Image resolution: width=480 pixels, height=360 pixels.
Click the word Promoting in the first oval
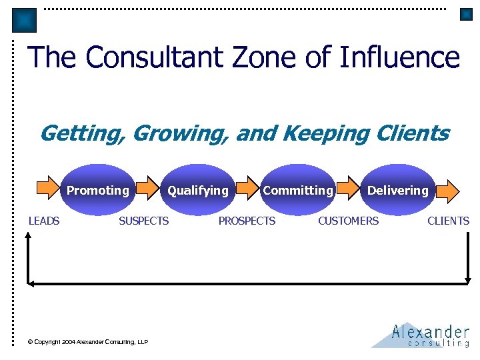click(98, 191)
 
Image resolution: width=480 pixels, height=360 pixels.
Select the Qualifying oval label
click(198, 191)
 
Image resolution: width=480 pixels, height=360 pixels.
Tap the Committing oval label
click(297, 191)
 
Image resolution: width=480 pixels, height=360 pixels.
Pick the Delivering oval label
click(398, 191)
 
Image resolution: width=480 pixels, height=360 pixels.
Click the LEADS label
click(44, 221)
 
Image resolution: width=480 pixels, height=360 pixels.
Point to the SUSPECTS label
click(143, 221)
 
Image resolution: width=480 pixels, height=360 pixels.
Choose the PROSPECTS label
click(247, 221)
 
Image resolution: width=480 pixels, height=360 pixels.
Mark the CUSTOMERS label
click(348, 221)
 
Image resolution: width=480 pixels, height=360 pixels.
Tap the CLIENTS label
click(448, 221)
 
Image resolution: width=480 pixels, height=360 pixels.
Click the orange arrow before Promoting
click(47, 190)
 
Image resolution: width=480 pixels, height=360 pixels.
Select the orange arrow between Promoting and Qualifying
click(147, 190)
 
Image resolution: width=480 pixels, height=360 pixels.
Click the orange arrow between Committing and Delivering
click(347, 190)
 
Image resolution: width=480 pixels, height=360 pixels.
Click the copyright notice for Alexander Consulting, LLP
click(87, 342)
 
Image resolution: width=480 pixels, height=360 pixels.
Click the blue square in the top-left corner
click(25, 20)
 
